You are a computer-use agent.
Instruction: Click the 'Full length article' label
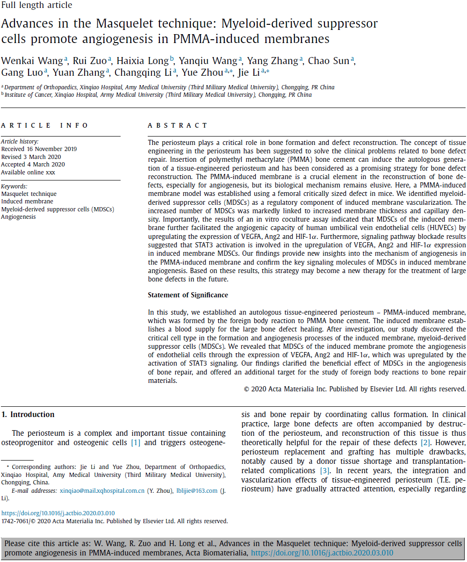(x=37, y=5)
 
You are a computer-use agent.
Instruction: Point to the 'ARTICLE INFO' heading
(x=44, y=125)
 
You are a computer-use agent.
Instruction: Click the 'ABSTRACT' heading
(x=178, y=125)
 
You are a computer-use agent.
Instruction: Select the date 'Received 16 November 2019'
(x=39, y=149)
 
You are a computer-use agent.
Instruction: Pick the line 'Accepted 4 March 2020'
(x=33, y=164)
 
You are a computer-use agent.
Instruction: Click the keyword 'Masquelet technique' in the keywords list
(x=29, y=194)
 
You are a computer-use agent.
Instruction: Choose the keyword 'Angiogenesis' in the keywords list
(x=18, y=216)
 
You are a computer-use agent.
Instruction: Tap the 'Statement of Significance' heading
(x=188, y=295)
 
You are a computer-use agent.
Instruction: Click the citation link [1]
(x=136, y=442)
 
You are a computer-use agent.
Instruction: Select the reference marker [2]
(x=424, y=442)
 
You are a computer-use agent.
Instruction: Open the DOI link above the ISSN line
(x=57, y=513)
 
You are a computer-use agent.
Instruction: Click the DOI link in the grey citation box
(x=322, y=553)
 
